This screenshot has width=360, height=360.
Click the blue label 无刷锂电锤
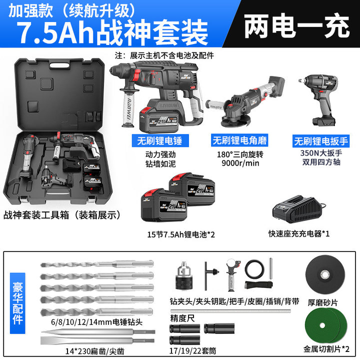tap(160, 140)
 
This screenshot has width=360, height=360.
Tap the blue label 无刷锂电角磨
tap(239, 140)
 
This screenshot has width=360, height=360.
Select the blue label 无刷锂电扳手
tap(321, 141)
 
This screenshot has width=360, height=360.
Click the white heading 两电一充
tap(296, 25)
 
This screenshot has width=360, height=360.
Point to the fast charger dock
tap(298, 210)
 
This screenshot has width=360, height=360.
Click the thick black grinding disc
tap(325, 274)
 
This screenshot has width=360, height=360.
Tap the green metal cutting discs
tap(326, 325)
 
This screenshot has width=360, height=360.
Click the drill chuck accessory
tap(183, 275)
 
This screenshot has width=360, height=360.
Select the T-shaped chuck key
tap(211, 275)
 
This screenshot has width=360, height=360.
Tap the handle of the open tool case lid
tap(59, 65)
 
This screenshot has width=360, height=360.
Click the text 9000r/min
tap(240, 163)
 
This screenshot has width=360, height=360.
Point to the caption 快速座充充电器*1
tap(299, 233)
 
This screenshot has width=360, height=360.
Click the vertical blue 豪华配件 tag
tap(17, 303)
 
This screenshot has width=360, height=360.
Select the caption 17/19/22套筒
tap(192, 350)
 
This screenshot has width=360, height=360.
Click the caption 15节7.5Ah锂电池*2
tap(181, 234)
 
